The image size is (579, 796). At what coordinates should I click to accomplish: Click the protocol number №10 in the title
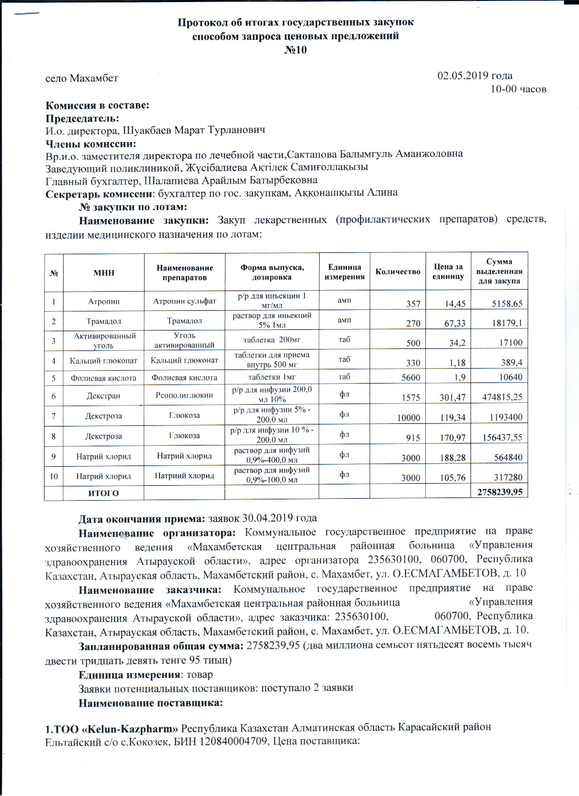tap(295, 50)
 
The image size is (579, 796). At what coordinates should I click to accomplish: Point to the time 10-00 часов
tap(518, 89)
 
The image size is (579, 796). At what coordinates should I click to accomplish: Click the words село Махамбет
tap(82, 78)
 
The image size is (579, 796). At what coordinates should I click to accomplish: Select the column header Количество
tap(397, 272)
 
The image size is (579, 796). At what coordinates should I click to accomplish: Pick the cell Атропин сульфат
tap(184, 301)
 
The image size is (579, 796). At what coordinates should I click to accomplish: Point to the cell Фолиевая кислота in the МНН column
tap(104, 378)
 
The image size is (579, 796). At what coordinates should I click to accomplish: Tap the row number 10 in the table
tap(54, 476)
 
